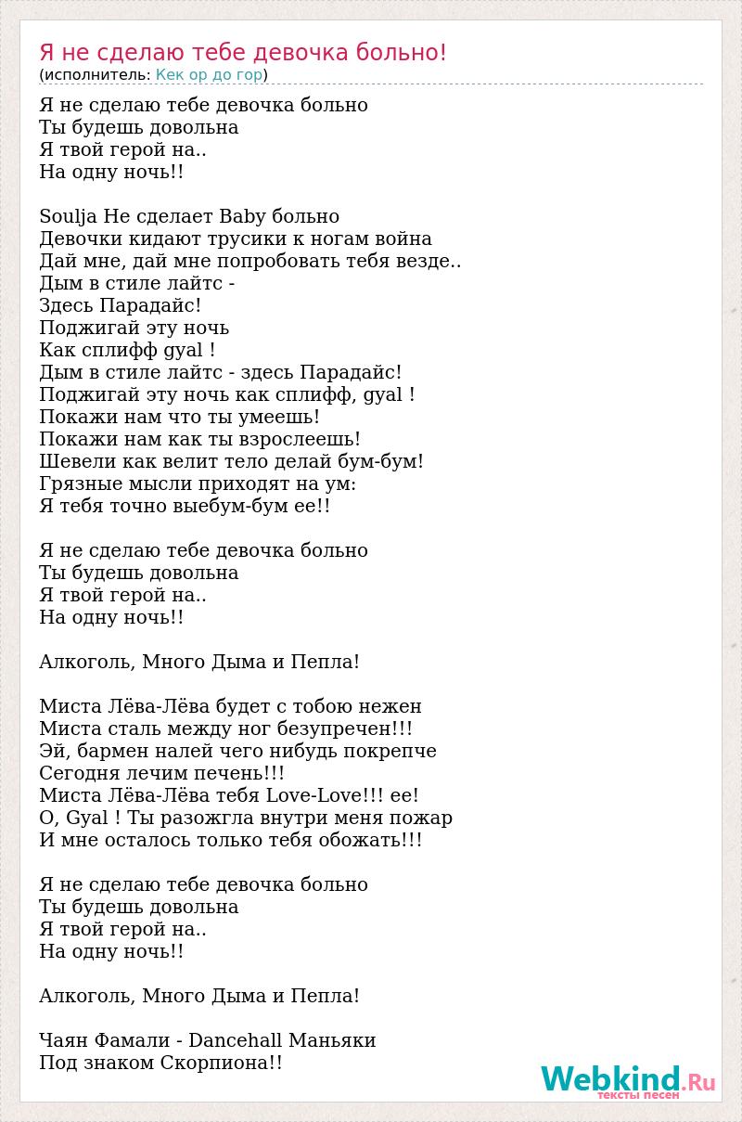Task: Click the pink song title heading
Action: tap(243, 53)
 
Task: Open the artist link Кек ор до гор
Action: tap(209, 75)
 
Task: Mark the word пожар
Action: tap(421, 819)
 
